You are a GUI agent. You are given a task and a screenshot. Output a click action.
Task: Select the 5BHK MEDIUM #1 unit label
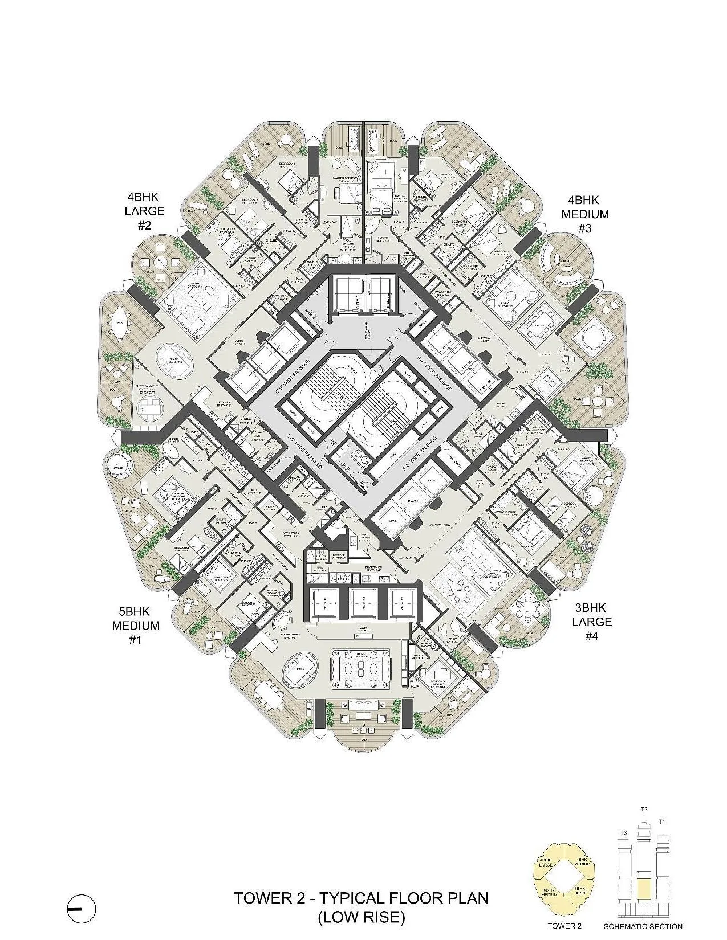click(135, 626)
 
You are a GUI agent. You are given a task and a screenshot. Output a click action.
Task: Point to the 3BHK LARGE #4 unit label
click(592, 622)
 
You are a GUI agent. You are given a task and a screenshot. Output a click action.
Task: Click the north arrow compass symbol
click(82, 908)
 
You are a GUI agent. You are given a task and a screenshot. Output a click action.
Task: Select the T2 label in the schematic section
click(644, 810)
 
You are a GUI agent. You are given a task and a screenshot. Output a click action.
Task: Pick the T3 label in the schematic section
click(623, 833)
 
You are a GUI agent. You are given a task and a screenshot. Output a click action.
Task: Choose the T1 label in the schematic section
click(661, 822)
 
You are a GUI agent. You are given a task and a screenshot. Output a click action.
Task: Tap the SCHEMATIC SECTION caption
click(643, 926)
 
